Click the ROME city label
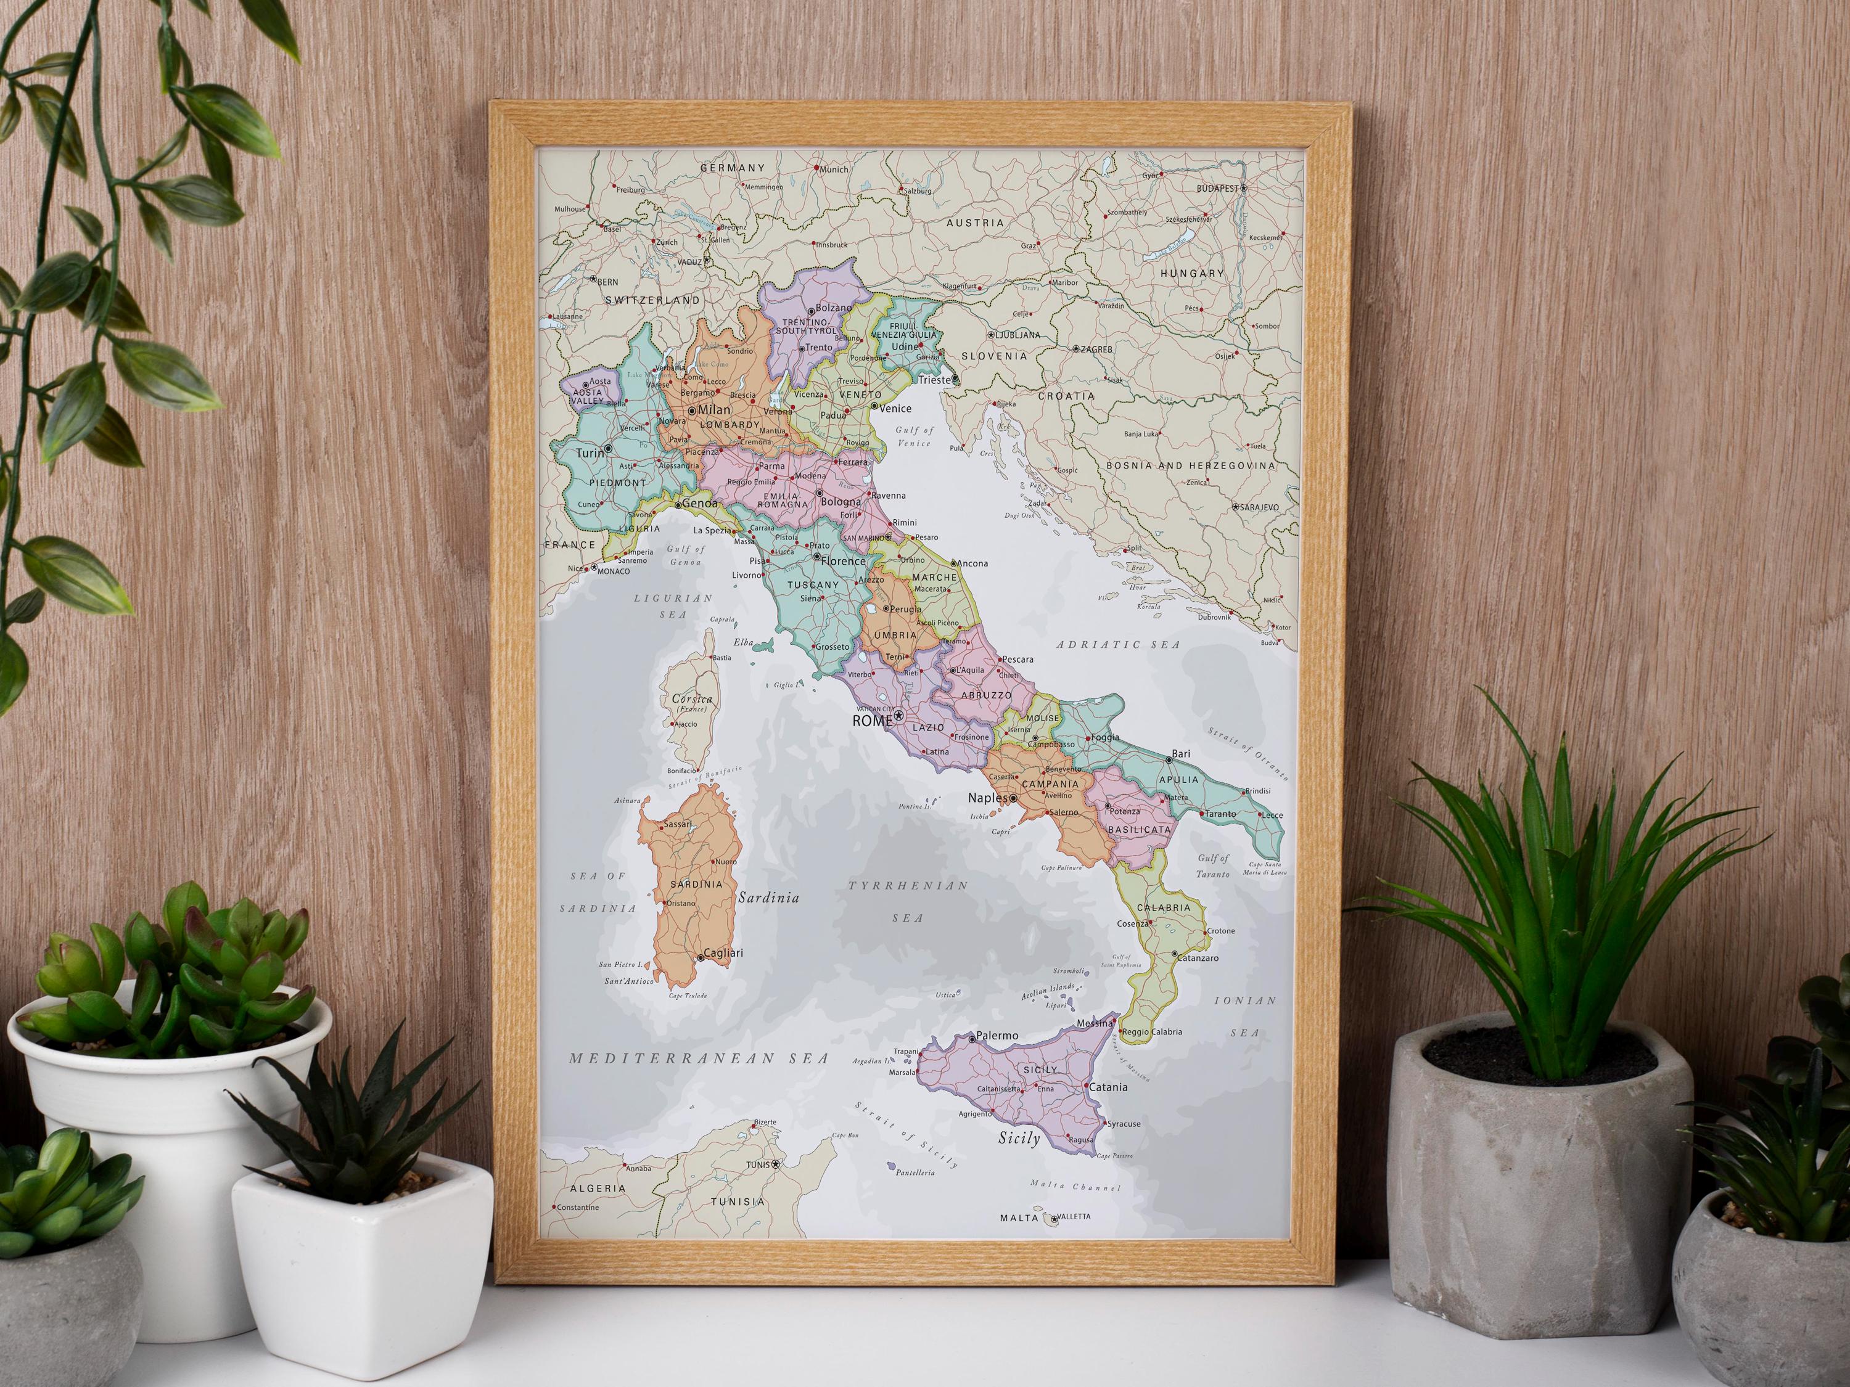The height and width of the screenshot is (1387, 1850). click(x=871, y=720)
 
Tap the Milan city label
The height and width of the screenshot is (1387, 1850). click(x=714, y=410)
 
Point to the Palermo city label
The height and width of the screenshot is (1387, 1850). click(x=998, y=1035)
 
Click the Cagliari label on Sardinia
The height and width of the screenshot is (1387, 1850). click(x=723, y=952)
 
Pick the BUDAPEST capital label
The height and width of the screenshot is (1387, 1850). click(x=1217, y=189)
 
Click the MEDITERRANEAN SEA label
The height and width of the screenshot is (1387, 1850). click(x=698, y=1058)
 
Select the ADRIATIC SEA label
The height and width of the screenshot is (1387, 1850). click(x=1118, y=645)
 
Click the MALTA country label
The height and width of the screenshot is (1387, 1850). click(x=1019, y=1218)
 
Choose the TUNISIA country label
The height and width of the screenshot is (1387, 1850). click(x=737, y=1201)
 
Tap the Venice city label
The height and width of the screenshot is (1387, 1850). click(x=896, y=408)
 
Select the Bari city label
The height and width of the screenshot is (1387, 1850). click(x=1181, y=753)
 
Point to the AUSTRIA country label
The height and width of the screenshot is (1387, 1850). click(x=974, y=223)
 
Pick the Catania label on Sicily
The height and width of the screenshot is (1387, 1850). click(x=1108, y=1087)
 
